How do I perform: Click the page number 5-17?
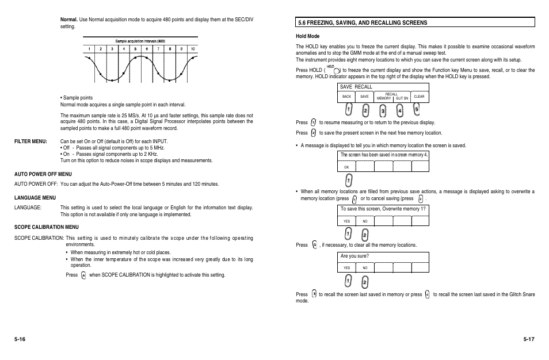[x=528, y=339]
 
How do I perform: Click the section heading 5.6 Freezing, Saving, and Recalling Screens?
[x=362, y=22]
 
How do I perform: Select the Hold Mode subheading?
[x=307, y=36]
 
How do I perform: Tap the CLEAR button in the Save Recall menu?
[x=419, y=97]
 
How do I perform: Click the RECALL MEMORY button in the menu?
[x=384, y=96]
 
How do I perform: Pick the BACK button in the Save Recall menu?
[x=346, y=97]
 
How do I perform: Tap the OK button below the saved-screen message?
[x=346, y=167]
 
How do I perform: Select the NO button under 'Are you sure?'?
[x=365, y=268]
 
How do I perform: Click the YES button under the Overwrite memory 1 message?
[x=346, y=221]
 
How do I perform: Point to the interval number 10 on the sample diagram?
[x=193, y=49]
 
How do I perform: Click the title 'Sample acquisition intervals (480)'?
[x=140, y=41]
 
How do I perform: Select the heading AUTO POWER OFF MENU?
[x=43, y=174]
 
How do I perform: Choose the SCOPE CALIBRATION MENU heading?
[x=46, y=227]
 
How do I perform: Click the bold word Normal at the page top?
[x=69, y=20]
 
